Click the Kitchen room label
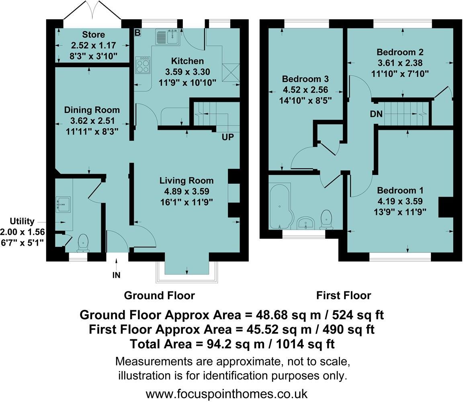[187, 61]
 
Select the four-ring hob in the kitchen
[143, 65]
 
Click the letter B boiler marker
[137, 33]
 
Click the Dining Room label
[92, 110]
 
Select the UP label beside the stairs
[227, 137]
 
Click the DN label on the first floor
[376, 114]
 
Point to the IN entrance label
[116, 275]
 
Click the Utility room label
[23, 222]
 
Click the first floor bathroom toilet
[327, 219]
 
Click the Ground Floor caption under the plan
[159, 295]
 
